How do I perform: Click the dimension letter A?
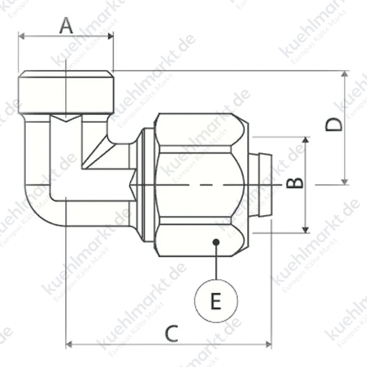[x=66, y=26]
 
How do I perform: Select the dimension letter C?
[x=172, y=334]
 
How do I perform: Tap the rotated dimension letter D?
[x=334, y=124]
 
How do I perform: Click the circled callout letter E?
[x=216, y=301]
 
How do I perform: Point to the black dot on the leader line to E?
[x=216, y=242]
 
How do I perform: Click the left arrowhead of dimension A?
[x=21, y=36]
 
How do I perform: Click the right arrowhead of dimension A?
[x=111, y=36]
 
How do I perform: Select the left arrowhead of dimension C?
[x=69, y=345]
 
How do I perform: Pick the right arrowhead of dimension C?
[x=268, y=345]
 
